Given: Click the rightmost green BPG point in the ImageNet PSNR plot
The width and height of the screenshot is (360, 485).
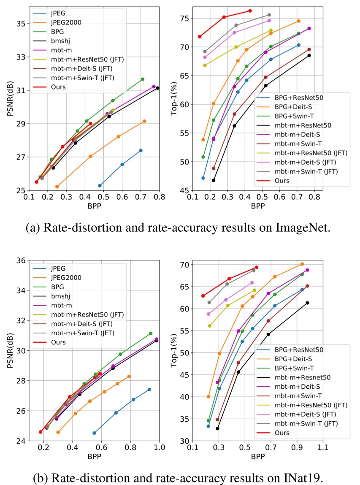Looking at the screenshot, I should [x=143, y=79].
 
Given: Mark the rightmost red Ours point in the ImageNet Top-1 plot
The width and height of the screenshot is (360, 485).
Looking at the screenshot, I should [x=250, y=11].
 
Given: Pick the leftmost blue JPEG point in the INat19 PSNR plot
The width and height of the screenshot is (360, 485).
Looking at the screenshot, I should [x=94, y=433].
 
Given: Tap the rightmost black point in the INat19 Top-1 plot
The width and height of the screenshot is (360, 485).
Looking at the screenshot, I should [x=308, y=303].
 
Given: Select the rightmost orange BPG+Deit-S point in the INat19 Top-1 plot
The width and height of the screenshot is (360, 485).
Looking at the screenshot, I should [x=302, y=264].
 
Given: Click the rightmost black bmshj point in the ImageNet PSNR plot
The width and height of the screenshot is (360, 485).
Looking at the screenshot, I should [x=157, y=88].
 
